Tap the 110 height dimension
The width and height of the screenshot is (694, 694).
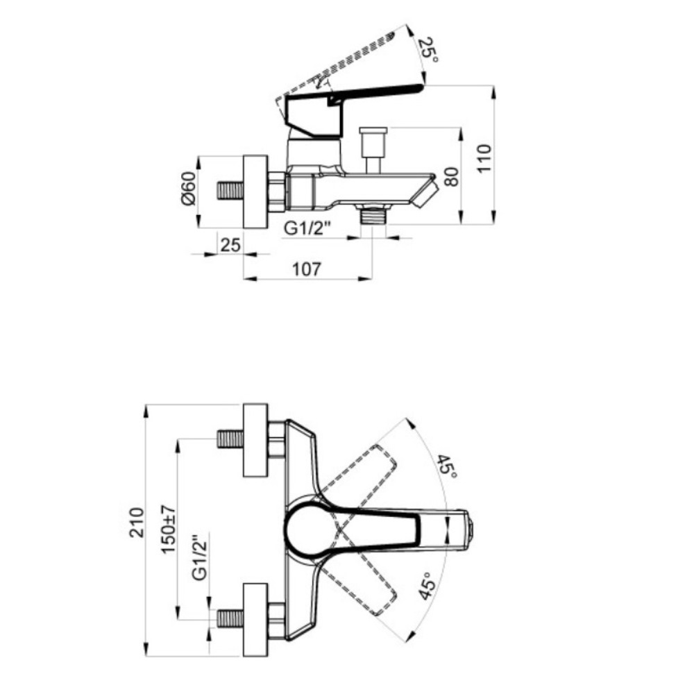tap(484, 158)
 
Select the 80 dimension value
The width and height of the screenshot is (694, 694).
tap(451, 176)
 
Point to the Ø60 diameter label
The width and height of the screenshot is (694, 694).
tap(187, 188)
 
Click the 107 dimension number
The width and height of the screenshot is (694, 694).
tap(307, 269)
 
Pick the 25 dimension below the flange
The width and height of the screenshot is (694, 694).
tap(230, 244)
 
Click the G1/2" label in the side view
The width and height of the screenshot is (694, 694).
tap(307, 228)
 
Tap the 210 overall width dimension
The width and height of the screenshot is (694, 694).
tap(137, 523)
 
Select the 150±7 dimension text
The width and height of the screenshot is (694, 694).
tap(168, 529)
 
